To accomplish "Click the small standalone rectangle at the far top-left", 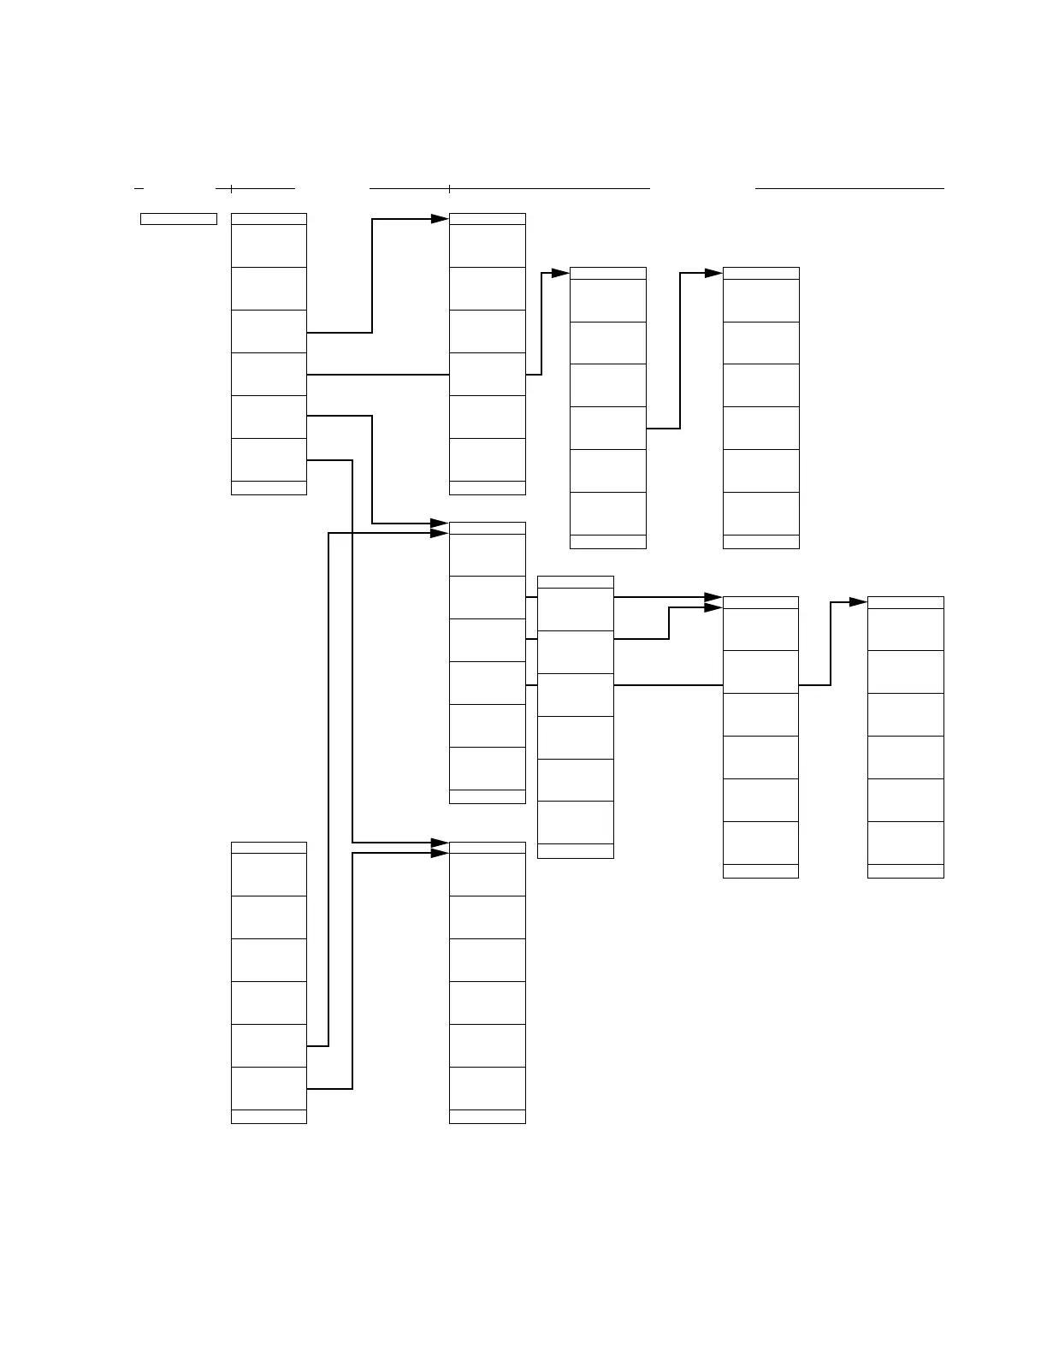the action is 178,219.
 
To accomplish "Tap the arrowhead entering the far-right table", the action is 859,602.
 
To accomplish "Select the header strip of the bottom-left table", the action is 269,848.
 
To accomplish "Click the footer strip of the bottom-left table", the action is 269,1116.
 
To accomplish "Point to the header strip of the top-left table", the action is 269,219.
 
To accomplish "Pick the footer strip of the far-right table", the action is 905,871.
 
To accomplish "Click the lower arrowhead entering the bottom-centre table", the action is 440,853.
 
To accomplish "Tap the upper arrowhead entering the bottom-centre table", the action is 440,843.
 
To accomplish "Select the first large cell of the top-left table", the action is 269,246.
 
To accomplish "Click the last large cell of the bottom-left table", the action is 269,1088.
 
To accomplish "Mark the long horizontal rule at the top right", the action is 849,187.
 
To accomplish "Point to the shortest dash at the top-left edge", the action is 139,187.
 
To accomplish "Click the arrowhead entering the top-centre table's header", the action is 440,219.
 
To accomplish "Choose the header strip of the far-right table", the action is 905,602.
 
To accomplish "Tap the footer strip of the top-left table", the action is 269,488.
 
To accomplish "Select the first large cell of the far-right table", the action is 905,630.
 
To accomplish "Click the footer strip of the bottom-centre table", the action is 487,1116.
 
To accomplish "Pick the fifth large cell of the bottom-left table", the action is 269,1045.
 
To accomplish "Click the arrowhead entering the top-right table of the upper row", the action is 713,273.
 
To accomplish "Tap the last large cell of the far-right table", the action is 905,843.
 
